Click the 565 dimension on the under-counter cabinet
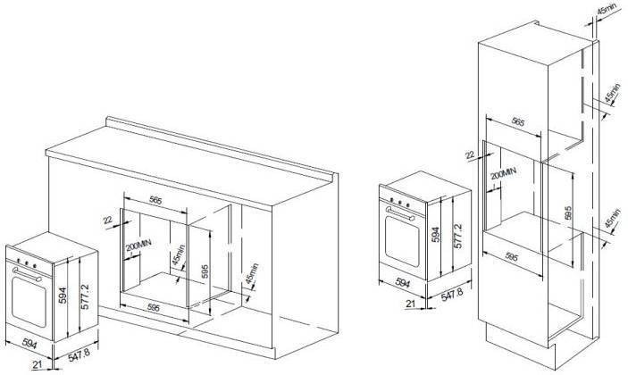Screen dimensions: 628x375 click(155, 200)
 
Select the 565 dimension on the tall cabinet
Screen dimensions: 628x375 click(518, 121)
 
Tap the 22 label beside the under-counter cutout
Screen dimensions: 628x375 click(108, 221)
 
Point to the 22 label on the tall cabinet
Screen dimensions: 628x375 click(470, 154)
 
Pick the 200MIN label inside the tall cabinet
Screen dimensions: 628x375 click(504, 173)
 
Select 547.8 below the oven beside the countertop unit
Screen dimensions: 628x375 click(79, 355)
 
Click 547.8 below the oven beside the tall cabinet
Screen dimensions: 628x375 click(452, 294)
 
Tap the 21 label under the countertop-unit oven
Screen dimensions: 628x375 click(38, 364)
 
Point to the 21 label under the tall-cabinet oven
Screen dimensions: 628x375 click(411, 304)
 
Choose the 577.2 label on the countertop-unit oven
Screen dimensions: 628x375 click(85, 296)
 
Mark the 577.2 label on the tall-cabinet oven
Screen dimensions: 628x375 click(458, 236)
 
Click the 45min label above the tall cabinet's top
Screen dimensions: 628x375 click(607, 10)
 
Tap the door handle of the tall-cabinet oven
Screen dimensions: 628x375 click(399, 213)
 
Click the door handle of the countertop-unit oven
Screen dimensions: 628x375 click(27, 274)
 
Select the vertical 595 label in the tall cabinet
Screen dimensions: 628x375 click(568, 212)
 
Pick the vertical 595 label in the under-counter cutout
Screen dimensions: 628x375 click(205, 271)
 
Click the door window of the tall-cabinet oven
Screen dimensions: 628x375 click(402, 241)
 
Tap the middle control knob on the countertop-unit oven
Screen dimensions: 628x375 click(27, 263)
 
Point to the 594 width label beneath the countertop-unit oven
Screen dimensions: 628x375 click(29, 343)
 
